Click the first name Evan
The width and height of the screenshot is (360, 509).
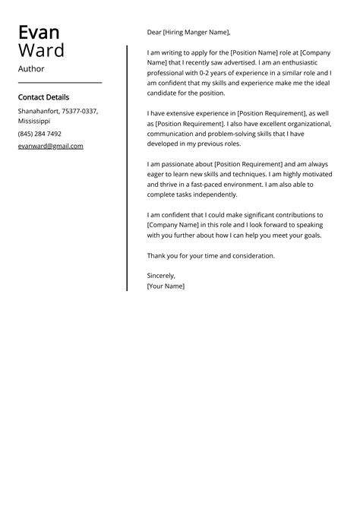tap(39, 33)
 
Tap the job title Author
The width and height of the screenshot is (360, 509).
tap(31, 69)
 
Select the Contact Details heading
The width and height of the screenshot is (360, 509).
tap(43, 97)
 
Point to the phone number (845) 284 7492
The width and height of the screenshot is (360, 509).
tap(39, 134)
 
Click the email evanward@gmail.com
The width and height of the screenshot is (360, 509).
tap(50, 146)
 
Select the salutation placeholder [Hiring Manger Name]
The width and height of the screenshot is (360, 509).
tap(196, 33)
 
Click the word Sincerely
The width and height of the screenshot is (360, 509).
tap(161, 276)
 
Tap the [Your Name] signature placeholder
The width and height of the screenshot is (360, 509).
tap(166, 286)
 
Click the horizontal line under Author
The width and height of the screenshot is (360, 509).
tap(59, 82)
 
